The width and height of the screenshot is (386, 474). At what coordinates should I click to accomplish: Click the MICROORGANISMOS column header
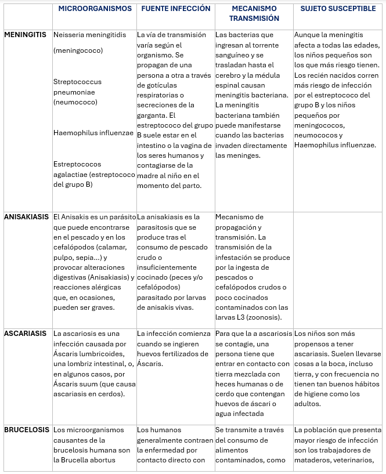[x=96, y=9]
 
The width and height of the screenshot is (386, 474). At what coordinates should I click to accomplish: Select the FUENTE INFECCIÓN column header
[x=176, y=9]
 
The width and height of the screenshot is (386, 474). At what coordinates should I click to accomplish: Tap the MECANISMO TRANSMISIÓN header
[x=254, y=13]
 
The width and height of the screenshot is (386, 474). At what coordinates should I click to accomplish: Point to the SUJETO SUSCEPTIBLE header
[x=338, y=9]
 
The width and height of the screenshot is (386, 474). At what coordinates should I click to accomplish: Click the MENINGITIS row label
[x=25, y=35]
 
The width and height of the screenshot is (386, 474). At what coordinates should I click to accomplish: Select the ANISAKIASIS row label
[x=26, y=217]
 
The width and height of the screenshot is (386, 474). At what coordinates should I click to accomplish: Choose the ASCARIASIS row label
[x=25, y=334]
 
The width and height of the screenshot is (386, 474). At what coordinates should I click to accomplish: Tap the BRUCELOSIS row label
[x=27, y=430]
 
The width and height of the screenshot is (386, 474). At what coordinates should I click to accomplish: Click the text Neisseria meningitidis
[x=89, y=35]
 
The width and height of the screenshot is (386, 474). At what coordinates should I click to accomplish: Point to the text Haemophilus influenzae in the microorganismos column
[x=93, y=132]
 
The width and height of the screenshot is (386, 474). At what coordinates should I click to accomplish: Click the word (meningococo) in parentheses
[x=78, y=50]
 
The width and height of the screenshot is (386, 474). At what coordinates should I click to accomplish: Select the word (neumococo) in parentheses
[x=75, y=102]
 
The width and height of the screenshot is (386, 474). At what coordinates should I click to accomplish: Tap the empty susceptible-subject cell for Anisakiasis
[x=338, y=267]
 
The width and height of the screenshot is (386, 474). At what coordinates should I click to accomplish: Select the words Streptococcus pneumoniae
[x=74, y=87]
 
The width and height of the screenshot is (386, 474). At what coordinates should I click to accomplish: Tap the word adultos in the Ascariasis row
[x=308, y=404]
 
